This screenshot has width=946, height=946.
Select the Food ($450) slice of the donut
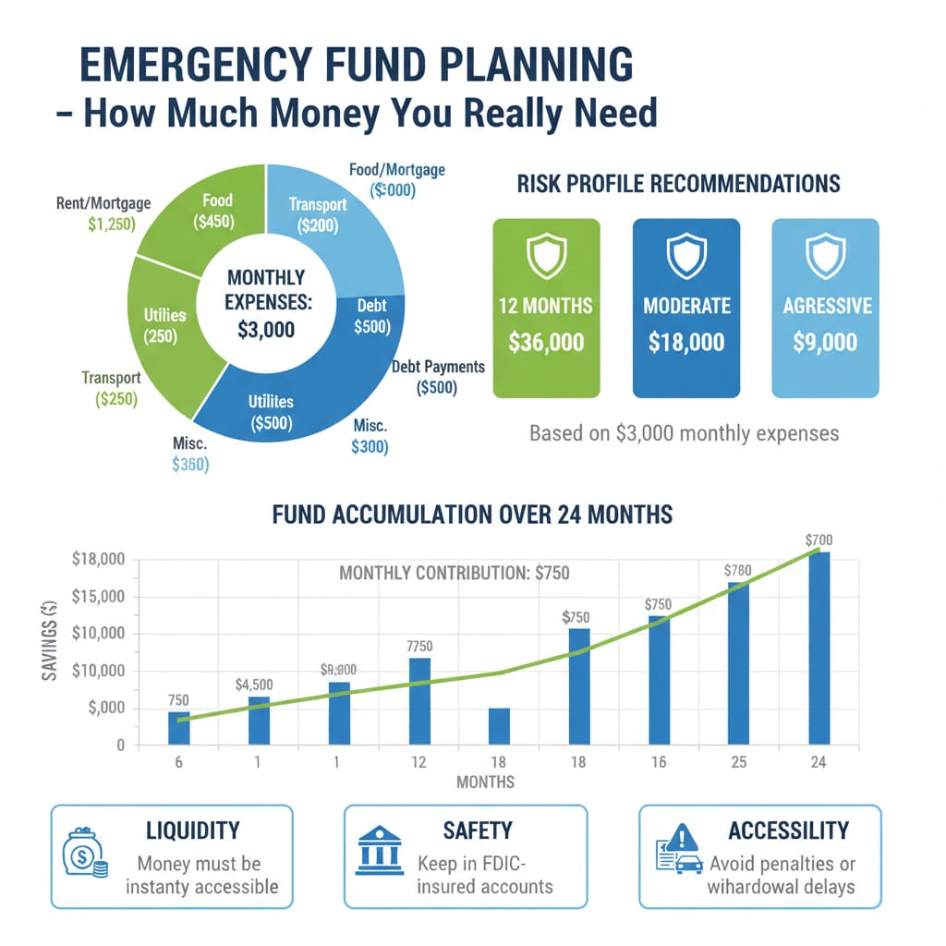click(218, 211)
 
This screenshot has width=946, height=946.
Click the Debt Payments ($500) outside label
click(437, 377)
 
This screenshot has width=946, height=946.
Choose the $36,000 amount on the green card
click(546, 342)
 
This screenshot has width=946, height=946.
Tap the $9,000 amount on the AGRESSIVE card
click(825, 342)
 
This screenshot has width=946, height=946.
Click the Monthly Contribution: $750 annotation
click(454, 573)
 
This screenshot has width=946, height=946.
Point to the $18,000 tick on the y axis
click(96, 560)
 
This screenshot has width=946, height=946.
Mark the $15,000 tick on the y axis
click(96, 597)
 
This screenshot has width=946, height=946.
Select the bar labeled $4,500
click(260, 720)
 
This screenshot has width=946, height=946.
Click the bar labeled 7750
click(419, 700)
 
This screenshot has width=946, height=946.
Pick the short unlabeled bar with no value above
click(499, 726)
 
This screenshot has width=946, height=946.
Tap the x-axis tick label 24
click(819, 763)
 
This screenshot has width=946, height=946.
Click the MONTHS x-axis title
click(486, 782)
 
